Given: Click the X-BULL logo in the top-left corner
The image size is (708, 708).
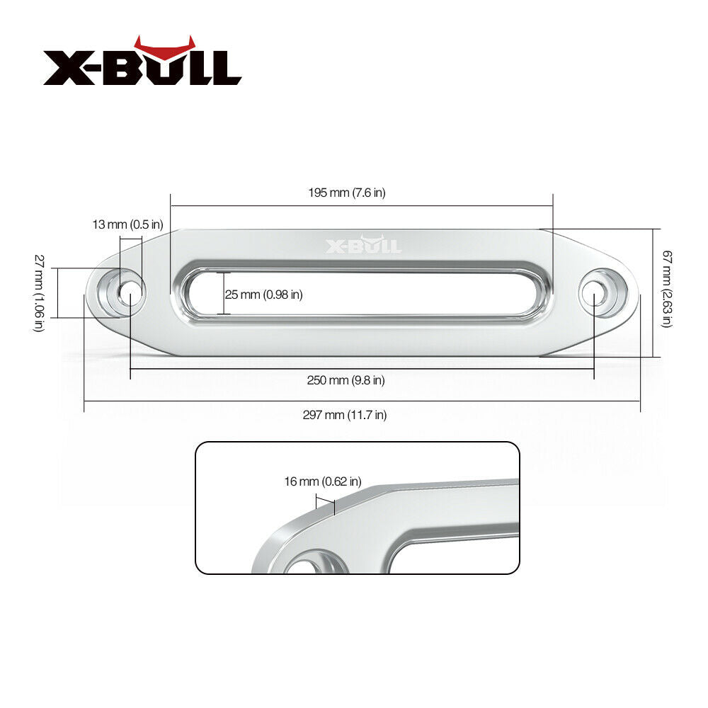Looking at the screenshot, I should coord(142,67).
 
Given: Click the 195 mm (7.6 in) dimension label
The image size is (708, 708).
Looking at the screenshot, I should coord(346,193).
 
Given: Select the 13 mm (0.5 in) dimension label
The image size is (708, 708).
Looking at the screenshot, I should coord(127,224).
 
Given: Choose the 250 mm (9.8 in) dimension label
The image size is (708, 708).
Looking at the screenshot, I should coord(346,380).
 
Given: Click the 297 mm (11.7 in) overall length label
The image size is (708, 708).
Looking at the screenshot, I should coord(346,415).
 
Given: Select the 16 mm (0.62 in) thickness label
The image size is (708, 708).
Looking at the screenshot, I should coord(322,481).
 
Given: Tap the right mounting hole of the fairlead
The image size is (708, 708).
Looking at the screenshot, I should coord(595,292).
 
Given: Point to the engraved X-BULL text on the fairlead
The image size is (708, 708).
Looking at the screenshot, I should coord(362,245).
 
